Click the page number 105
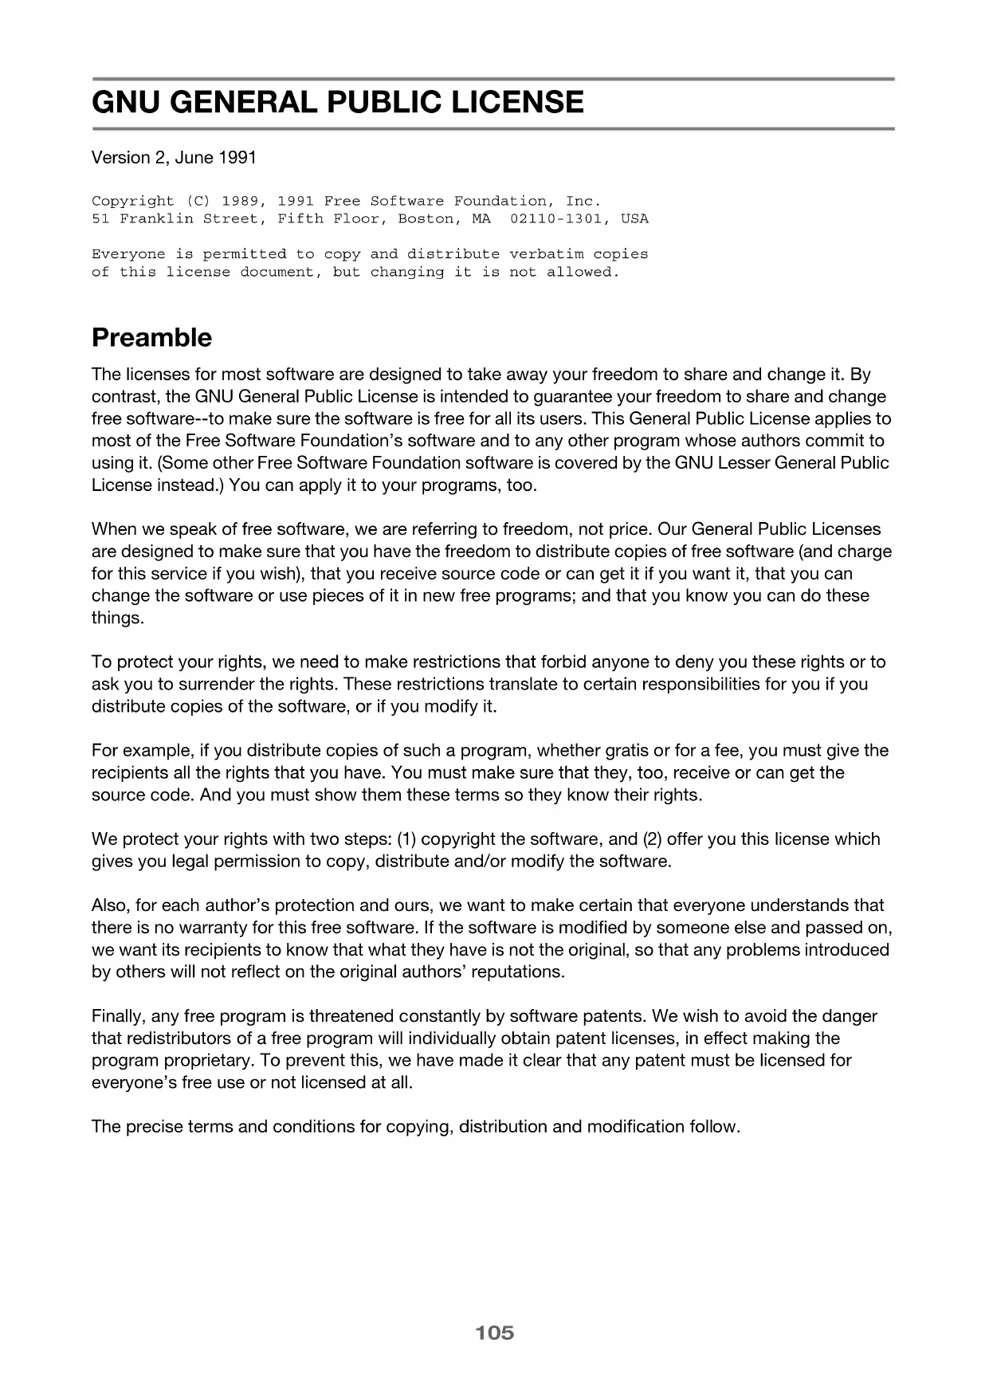(x=494, y=1332)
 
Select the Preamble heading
(x=151, y=338)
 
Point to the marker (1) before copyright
(x=406, y=838)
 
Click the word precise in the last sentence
(x=153, y=1126)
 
